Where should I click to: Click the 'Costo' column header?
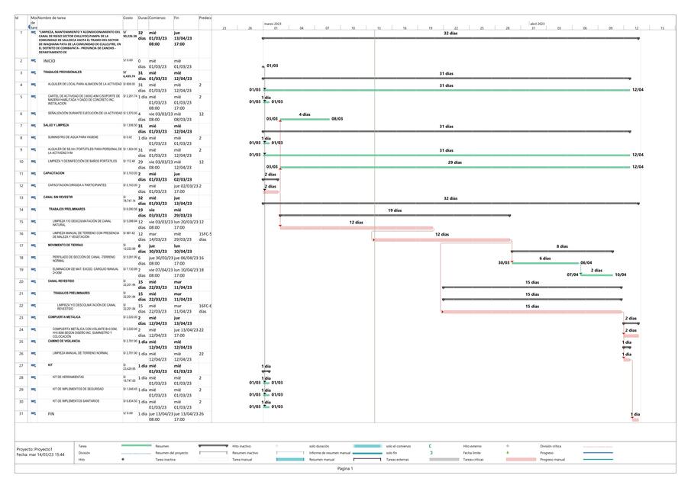click(x=128, y=17)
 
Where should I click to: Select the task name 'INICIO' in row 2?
click(x=50, y=60)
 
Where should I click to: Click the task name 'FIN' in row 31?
click(x=51, y=413)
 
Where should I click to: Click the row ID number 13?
click(x=21, y=197)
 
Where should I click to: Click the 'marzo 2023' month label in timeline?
click(x=273, y=24)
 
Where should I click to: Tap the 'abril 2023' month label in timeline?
click(x=538, y=24)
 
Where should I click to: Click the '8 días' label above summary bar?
click(x=562, y=246)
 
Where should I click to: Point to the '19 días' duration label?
click(x=394, y=210)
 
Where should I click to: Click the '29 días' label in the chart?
click(x=454, y=162)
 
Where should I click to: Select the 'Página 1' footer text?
click(x=345, y=468)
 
